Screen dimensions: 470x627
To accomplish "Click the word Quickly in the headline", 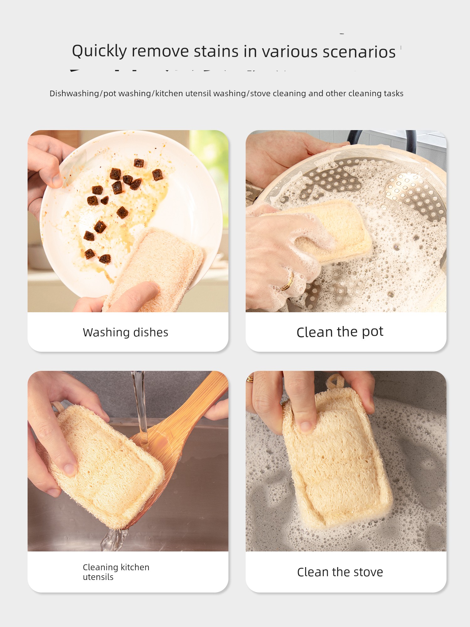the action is click(99, 51).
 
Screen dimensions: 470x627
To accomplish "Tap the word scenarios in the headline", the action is click(359, 52).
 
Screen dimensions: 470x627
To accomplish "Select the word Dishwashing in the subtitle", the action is click(74, 93).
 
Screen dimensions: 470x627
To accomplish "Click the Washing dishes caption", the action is click(126, 332).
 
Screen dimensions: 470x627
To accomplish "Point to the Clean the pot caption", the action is click(340, 332).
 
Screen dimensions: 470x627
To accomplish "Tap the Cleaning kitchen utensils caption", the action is click(116, 572).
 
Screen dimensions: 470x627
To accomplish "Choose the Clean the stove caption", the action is click(340, 572).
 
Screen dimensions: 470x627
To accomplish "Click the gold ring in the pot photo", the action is click(288, 282).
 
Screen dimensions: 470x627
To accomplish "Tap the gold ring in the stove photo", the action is click(250, 379).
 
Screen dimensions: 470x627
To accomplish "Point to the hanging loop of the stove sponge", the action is click(334, 382).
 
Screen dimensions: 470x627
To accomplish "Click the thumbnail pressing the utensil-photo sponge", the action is click(70, 469).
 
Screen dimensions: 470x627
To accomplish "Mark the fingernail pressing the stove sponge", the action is click(306, 426).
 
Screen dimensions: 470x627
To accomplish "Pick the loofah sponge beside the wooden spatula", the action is click(103, 464).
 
